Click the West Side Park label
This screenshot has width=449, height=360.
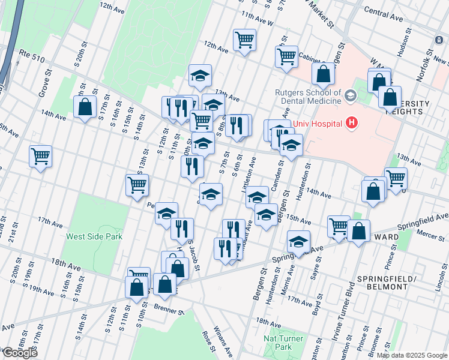94,236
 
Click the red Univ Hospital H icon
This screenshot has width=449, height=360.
352,124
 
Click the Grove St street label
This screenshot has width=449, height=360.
44,83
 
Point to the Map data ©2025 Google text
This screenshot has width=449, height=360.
412,355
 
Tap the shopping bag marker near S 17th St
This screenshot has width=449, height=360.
85,107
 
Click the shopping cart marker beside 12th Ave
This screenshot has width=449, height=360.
244,40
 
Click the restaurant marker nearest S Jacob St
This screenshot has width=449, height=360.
182,228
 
